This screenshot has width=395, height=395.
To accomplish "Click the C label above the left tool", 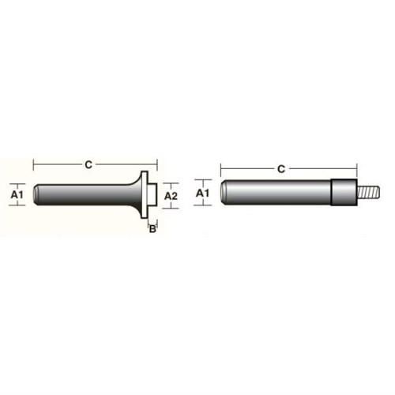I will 88,164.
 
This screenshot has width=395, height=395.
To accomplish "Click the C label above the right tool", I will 282,168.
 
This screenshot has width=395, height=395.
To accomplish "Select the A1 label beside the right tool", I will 201,192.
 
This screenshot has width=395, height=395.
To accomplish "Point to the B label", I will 154,230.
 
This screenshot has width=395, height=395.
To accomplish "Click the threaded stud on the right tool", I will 367,192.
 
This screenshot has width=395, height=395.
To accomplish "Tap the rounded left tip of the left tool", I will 37,194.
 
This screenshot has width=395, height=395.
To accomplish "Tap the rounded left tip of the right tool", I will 224,192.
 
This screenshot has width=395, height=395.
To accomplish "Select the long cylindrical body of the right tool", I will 276,192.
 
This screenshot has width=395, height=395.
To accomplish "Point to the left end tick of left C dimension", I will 33,164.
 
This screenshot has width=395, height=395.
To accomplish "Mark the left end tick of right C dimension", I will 220,168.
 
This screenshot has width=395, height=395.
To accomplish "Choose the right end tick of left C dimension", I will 158,164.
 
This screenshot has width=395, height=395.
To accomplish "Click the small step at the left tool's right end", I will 156,194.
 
